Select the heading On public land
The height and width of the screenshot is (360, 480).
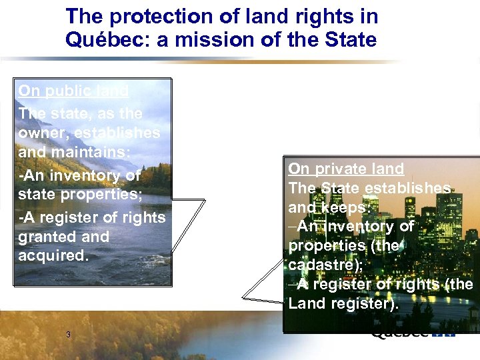73,91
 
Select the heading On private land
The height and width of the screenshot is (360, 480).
346,169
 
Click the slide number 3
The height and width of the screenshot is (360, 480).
69,334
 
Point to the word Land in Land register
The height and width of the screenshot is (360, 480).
306,303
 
